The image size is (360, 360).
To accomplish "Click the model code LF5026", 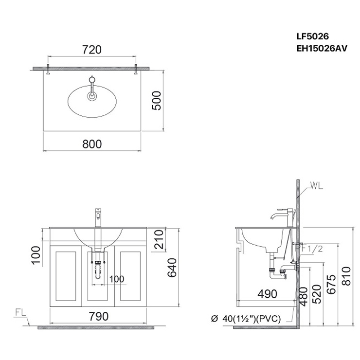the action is click(312, 36).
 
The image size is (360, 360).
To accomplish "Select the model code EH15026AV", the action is click(322, 49).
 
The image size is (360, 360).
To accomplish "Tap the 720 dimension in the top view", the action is click(92, 50).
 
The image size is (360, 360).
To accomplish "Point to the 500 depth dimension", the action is click(157, 101).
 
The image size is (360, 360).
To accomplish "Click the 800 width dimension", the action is click(92, 144).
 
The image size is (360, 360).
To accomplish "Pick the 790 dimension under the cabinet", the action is click(99, 316).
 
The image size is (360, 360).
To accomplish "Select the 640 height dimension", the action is click(172, 268).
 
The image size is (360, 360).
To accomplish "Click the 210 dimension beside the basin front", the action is click(159, 239).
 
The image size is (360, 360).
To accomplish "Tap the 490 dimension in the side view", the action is click(267, 294).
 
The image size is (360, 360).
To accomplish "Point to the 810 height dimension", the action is click(346, 276).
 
